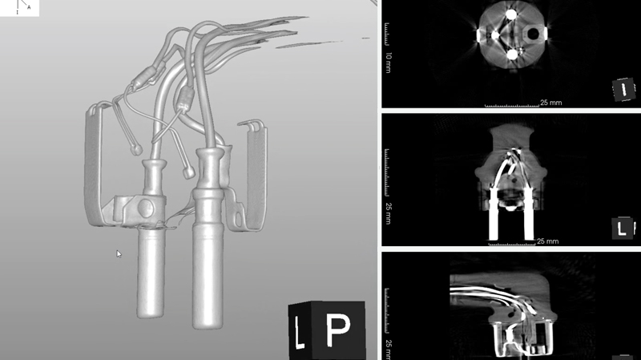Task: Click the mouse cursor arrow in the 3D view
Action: click(x=119, y=254)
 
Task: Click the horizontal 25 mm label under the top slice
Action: click(x=550, y=103)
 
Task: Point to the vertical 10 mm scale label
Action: click(x=389, y=63)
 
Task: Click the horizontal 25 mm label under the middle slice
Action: click(x=548, y=241)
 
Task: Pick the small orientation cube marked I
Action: click(x=623, y=90)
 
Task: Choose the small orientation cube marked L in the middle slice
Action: click(x=623, y=228)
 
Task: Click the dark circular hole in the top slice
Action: click(x=534, y=34)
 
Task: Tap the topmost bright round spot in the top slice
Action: click(x=511, y=15)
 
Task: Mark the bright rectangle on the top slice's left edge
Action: click(x=478, y=34)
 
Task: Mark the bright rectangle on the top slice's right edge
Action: click(x=545, y=34)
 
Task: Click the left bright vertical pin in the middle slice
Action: click(x=494, y=214)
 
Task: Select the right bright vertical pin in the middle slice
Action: click(x=529, y=214)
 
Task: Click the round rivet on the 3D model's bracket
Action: click(x=146, y=208)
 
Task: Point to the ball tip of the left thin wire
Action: click(x=136, y=150)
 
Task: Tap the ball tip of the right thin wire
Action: click(x=189, y=173)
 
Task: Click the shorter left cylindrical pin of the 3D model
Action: click(x=151, y=272)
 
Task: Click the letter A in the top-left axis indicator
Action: click(x=29, y=7)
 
